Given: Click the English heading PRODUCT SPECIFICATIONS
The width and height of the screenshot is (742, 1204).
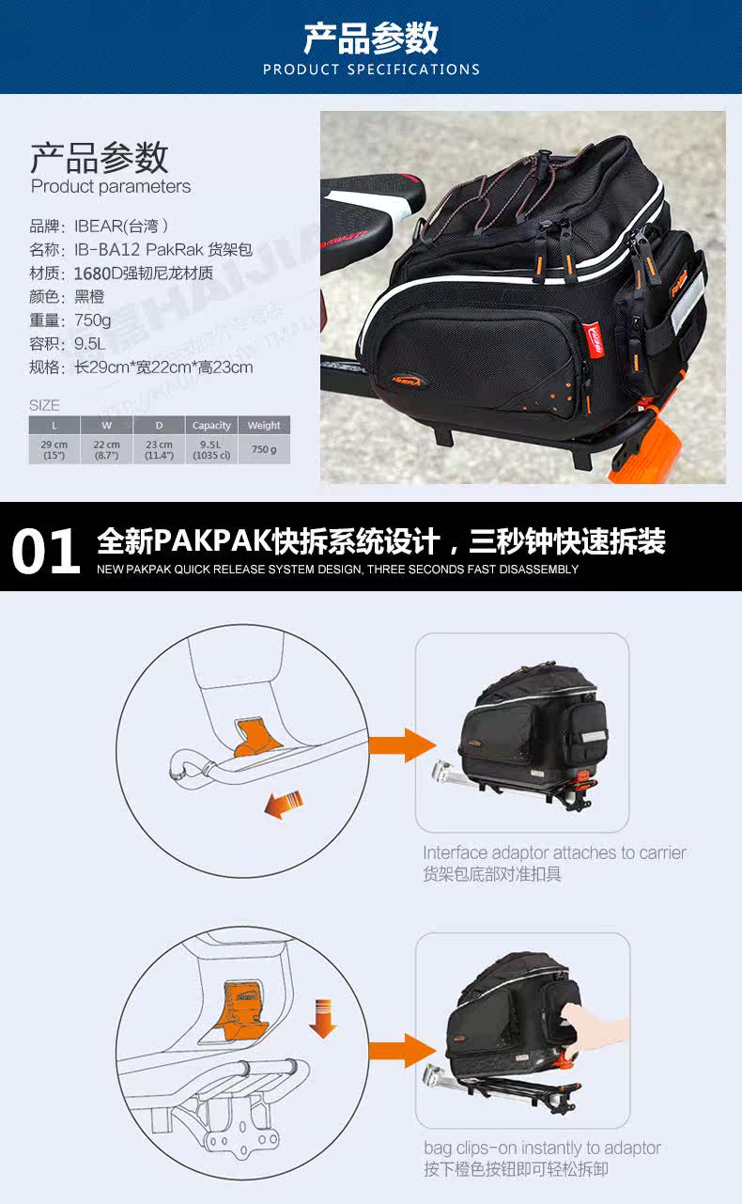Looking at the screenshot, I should [371, 70].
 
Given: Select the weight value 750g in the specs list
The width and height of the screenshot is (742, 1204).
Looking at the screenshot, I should [93, 321].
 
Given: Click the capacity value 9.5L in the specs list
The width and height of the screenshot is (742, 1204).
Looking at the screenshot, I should [90, 344].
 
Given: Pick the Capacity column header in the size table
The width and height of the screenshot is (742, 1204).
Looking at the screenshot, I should [211, 426].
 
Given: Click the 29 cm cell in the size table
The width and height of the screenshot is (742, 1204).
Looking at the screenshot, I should [54, 449].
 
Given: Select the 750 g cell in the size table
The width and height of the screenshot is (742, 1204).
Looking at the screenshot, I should [264, 450].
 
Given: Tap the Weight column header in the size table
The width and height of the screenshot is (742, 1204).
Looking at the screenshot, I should [264, 426].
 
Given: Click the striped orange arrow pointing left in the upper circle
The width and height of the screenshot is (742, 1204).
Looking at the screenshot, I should [284, 804].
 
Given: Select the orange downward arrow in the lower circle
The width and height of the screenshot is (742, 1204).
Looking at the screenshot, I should [322, 1019].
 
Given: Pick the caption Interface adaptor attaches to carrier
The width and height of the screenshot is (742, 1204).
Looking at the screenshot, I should [554, 853].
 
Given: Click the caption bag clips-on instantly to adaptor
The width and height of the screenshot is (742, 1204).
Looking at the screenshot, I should [542, 1149].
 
